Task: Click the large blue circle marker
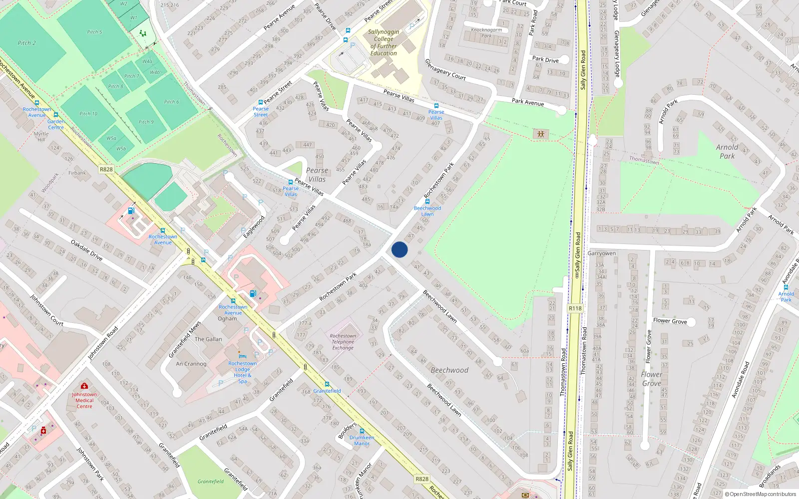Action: click(x=399, y=249)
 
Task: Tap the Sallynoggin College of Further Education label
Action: click(x=384, y=42)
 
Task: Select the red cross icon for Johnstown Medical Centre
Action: click(x=84, y=386)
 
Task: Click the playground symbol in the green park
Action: click(x=540, y=134)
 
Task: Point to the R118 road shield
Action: click(x=575, y=308)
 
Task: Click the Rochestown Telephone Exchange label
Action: click(x=343, y=342)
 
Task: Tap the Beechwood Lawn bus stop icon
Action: click(x=427, y=202)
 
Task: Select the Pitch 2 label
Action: click(x=27, y=43)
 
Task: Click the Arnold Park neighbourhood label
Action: click(x=727, y=151)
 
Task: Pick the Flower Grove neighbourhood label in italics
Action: click(x=652, y=379)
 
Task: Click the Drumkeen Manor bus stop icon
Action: click(x=362, y=431)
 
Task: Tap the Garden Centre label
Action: click(x=56, y=124)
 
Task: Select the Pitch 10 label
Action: click(x=88, y=114)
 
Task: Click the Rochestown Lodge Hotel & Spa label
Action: click(x=243, y=372)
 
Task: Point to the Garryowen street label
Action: click(x=601, y=253)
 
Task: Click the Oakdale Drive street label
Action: click(x=86, y=250)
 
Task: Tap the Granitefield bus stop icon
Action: click(x=327, y=384)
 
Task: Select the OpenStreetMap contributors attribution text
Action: click(x=763, y=495)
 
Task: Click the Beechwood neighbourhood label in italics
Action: click(x=449, y=370)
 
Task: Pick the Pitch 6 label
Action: click(x=171, y=102)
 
